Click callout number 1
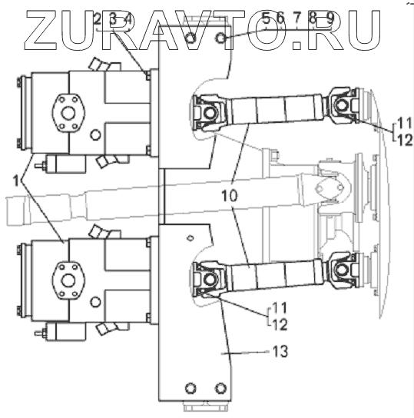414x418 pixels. [x=16, y=181]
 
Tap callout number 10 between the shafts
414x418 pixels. [x=229, y=196]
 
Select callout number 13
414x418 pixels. [x=280, y=351]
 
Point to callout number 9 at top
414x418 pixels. [x=330, y=18]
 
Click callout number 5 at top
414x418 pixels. [x=266, y=18]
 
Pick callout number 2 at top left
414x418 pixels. [x=97, y=19]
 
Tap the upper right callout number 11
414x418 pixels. [x=405, y=122]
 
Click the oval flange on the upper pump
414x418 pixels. [x=68, y=112]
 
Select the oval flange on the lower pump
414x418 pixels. [x=68, y=280]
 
